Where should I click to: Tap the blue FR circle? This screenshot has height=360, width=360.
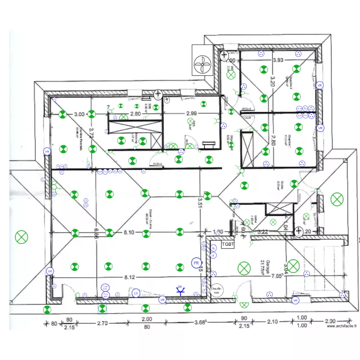(x=196, y=263)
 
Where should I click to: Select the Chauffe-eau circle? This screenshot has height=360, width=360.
(x=216, y=289)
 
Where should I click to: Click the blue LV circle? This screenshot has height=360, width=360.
(x=136, y=292)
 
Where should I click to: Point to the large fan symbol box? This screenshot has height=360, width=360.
(x=203, y=60)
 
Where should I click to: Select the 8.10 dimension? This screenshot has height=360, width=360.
(x=129, y=232)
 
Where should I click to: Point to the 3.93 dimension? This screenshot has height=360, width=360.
(x=278, y=60)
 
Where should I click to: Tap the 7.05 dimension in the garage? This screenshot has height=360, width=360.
(x=277, y=276)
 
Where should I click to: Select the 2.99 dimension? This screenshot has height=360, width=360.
(x=191, y=114)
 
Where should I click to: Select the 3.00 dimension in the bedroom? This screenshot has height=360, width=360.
(x=79, y=114)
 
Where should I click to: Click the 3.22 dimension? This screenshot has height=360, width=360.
(x=263, y=232)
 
